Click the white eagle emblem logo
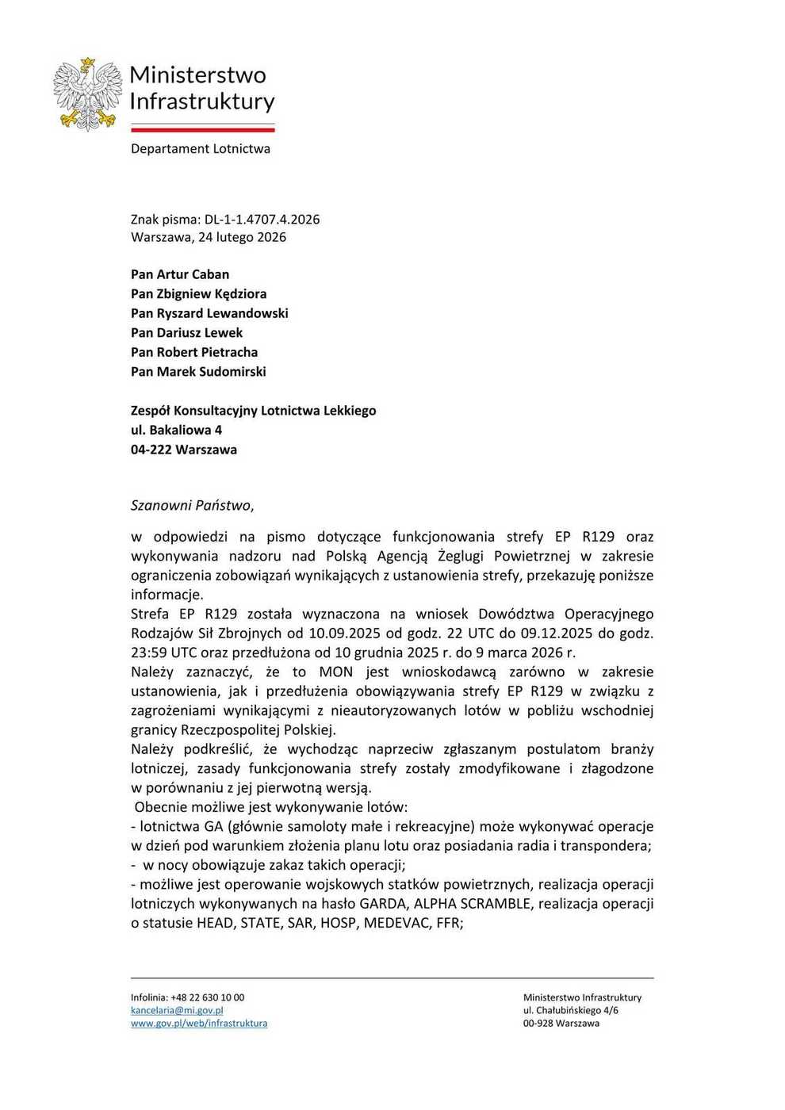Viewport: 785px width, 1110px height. point(87,94)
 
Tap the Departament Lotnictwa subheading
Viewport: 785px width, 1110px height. point(200,149)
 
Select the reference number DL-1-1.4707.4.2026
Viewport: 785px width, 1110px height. point(262,220)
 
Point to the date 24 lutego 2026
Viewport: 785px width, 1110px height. point(242,237)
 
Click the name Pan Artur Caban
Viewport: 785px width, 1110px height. point(180,274)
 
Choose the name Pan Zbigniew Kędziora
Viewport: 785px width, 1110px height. point(198,294)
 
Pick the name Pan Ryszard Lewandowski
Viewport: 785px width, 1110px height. point(209,313)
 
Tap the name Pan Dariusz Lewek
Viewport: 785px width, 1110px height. point(186,333)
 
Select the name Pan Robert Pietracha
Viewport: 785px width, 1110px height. point(194,352)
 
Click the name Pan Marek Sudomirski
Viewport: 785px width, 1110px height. point(198,372)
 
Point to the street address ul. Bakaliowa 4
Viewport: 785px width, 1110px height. point(176,431)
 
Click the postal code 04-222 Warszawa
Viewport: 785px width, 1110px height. point(183,450)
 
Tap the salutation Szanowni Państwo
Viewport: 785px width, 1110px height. point(192,505)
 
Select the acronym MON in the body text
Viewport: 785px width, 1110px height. point(335,672)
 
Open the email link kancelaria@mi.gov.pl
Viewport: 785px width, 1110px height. point(177,1011)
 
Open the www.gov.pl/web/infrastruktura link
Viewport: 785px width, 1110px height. point(198,1024)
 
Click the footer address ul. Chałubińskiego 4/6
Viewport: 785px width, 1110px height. point(570,1011)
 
